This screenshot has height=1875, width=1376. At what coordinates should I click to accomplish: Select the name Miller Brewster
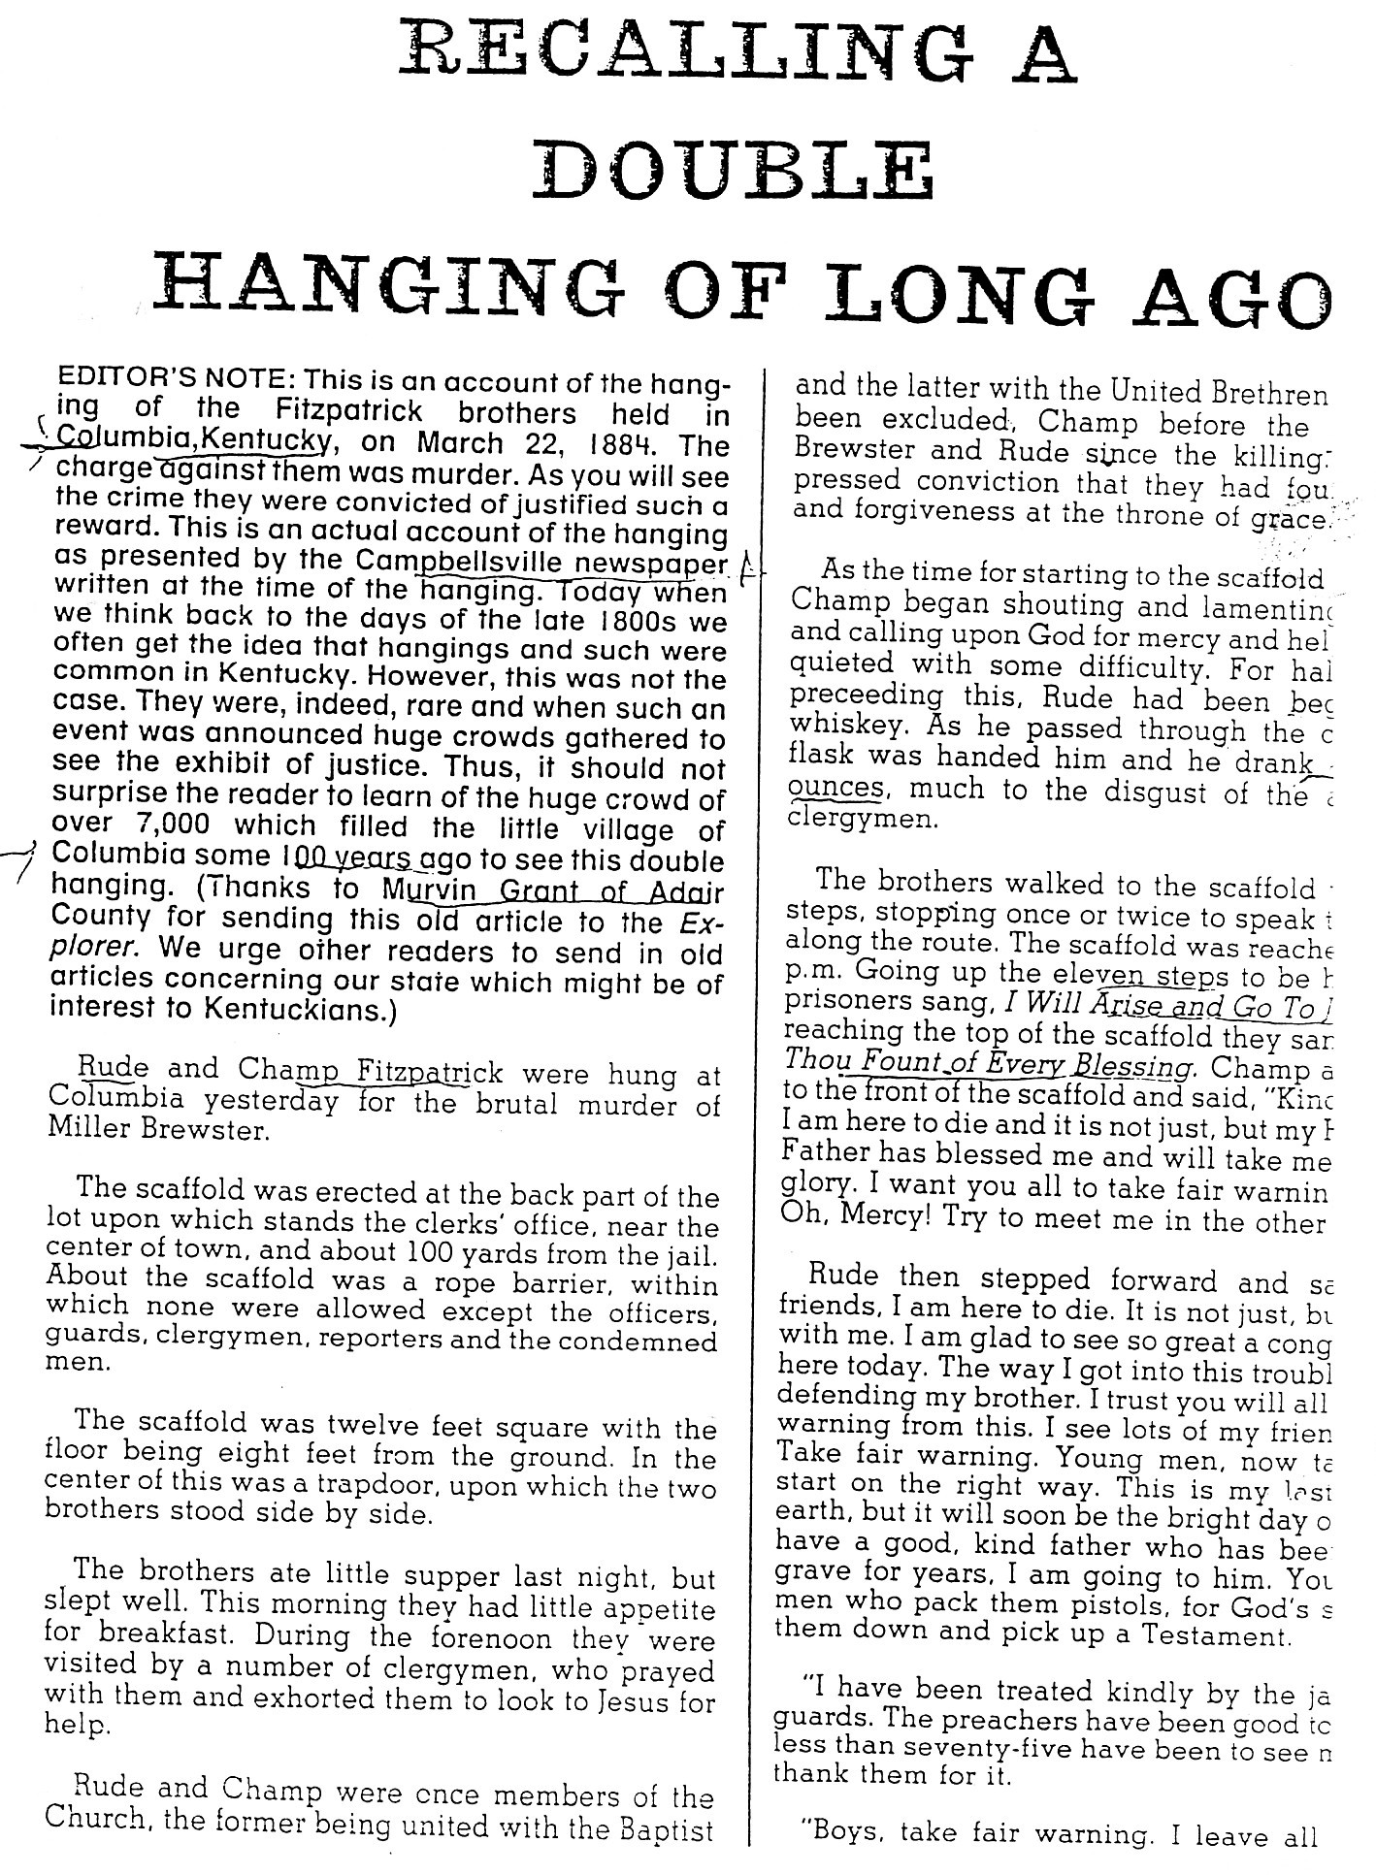coord(154,1131)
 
